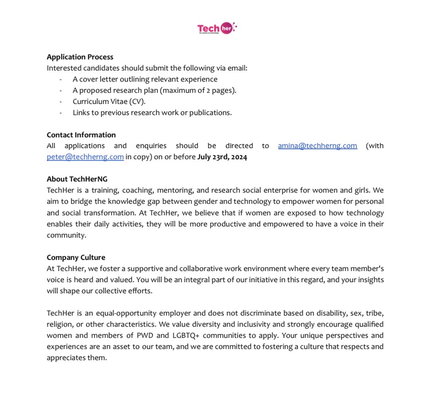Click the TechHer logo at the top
point(217,28)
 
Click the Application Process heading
point(80,57)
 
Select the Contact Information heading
point(81,135)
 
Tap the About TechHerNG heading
point(77,179)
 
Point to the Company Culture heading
point(76,257)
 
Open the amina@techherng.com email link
point(317,146)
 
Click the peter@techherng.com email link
point(85,157)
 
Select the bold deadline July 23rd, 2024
point(222,157)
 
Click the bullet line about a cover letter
point(145,79)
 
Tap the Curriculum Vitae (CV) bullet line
point(109,101)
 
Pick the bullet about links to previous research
point(152,113)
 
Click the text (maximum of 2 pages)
point(198,90)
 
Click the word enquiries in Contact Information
point(151,146)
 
